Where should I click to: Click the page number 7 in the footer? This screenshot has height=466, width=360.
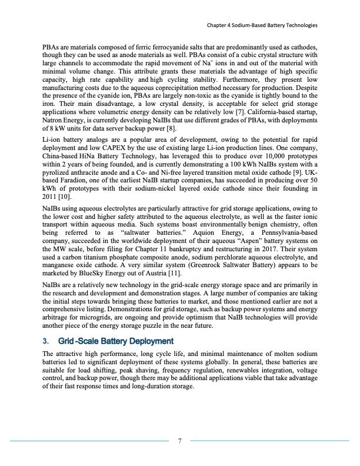click(x=179, y=441)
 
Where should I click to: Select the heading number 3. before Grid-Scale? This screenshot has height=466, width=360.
click(x=45, y=341)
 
